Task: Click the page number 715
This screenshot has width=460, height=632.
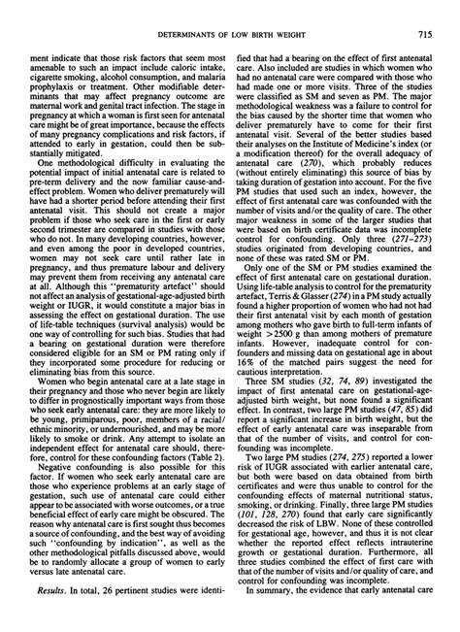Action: click(x=423, y=36)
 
